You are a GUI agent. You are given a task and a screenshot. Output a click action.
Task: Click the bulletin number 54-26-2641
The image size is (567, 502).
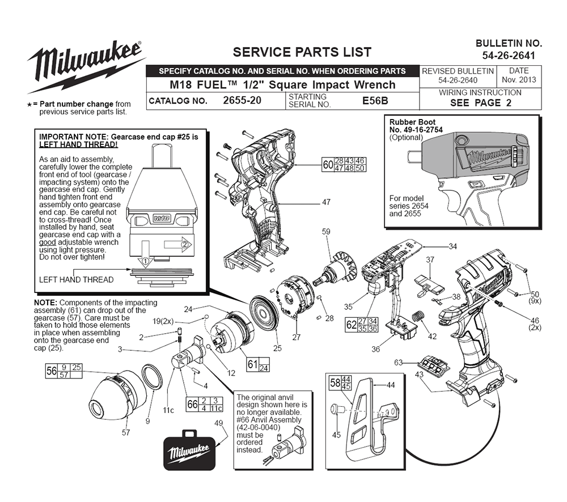[x=509, y=56]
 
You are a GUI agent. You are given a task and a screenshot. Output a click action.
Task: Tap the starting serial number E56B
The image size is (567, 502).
[x=375, y=101]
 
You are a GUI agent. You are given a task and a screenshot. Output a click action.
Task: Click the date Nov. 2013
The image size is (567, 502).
[x=519, y=80]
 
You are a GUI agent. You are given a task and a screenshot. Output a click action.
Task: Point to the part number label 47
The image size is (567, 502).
[x=326, y=202]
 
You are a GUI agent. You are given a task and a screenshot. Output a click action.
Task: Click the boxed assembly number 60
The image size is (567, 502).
[x=327, y=165]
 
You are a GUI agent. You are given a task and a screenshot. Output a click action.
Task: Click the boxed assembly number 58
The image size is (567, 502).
[x=336, y=382]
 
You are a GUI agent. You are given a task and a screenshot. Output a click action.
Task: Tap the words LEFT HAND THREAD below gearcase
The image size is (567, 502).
[x=76, y=279]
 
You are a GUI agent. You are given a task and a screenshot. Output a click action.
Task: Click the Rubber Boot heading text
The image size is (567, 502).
[x=412, y=122]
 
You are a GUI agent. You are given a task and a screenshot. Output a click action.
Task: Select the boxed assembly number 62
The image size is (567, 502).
[x=352, y=325]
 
